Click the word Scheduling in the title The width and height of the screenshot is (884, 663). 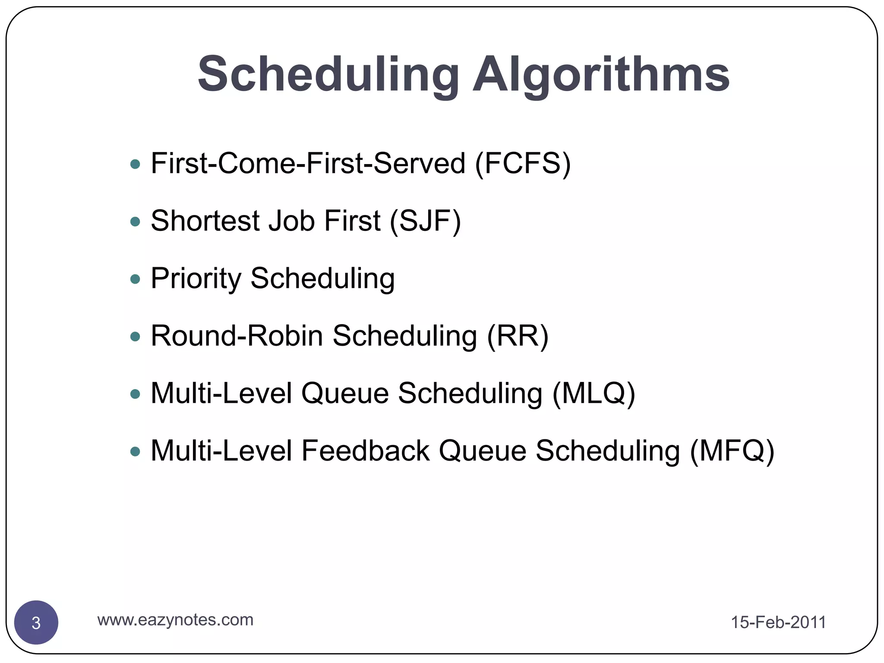[328, 74]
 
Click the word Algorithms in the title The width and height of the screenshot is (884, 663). [601, 74]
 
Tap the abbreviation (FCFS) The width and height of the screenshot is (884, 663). [523, 164]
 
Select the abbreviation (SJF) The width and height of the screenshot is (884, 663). [425, 221]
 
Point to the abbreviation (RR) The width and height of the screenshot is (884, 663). [518, 336]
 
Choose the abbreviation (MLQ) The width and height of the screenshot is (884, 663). [594, 393]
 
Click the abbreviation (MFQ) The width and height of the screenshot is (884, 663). [732, 451]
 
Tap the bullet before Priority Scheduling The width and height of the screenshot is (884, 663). [135, 279]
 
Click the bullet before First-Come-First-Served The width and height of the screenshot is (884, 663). [135, 164]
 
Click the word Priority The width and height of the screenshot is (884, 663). [196, 278]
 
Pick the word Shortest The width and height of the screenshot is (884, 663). [205, 221]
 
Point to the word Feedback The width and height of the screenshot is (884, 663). [365, 451]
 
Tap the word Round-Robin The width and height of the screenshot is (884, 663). [237, 336]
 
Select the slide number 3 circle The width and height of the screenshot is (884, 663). [36, 622]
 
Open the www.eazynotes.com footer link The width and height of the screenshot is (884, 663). [175, 620]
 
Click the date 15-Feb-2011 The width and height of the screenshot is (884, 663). [778, 622]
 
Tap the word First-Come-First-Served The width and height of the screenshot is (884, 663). [308, 164]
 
